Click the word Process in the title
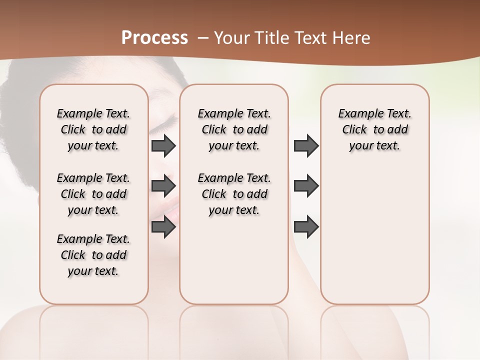(154, 38)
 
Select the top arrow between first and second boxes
(163, 146)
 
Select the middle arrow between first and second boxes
(163, 186)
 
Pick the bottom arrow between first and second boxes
(163, 226)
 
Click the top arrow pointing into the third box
(306, 145)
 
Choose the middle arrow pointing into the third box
(306, 186)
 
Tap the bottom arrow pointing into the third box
(306, 226)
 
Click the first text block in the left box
(93, 130)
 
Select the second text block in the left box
(93, 194)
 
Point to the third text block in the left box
(93, 255)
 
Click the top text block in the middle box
(234, 130)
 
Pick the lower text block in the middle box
(234, 194)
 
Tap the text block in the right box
(374, 130)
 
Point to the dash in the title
(202, 38)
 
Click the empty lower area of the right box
(374, 240)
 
